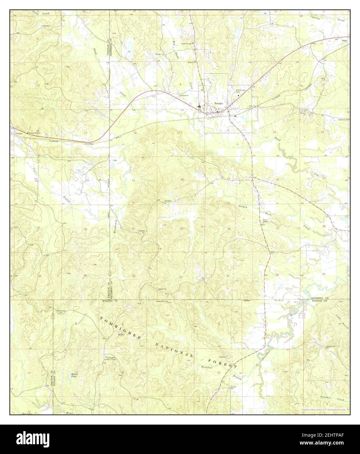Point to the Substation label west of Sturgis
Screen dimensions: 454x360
[x=184, y=95]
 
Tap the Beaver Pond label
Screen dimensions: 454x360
[x=76, y=375]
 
